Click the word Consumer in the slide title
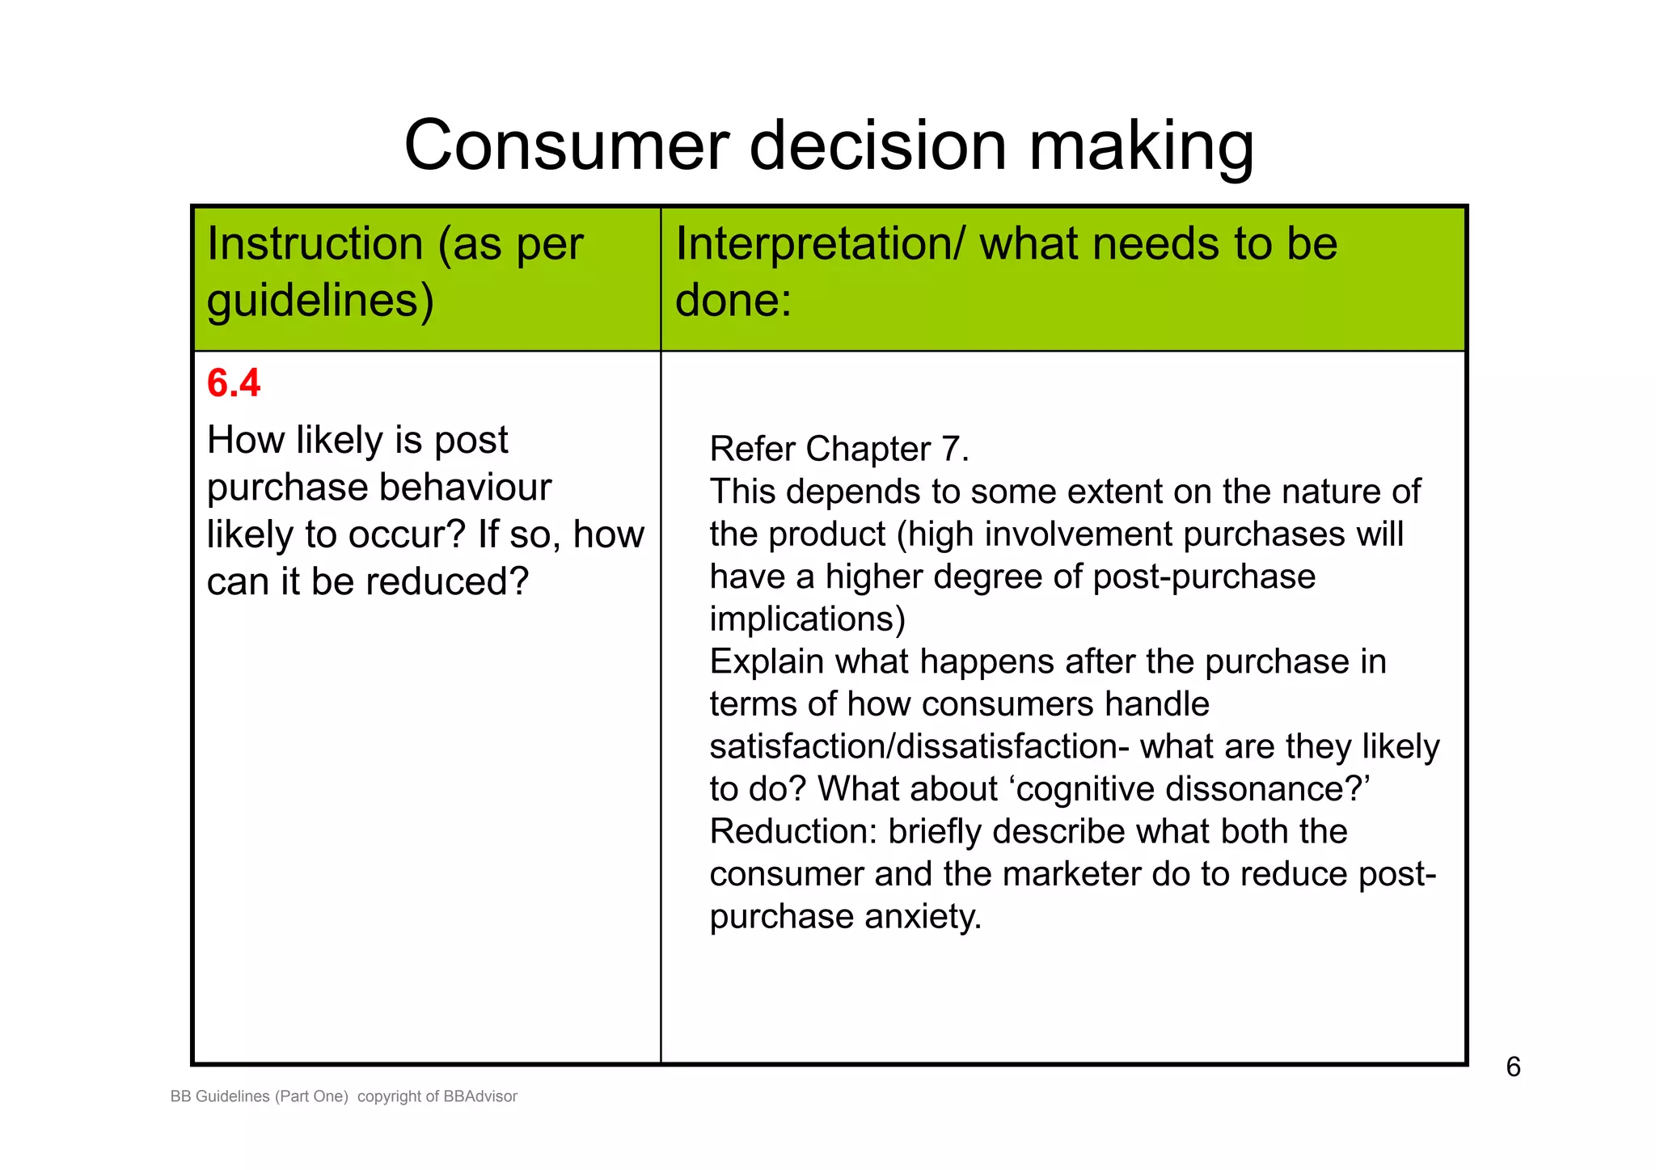pos(567,146)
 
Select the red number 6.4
pos(234,383)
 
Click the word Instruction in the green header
pos(315,244)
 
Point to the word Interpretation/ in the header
pos(820,244)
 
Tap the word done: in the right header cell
pos(733,300)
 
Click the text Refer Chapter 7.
pos(839,450)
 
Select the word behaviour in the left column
pos(465,488)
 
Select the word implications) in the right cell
pos(807,619)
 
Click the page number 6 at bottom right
pos(1513,1067)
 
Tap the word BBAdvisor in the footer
pos(480,1097)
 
